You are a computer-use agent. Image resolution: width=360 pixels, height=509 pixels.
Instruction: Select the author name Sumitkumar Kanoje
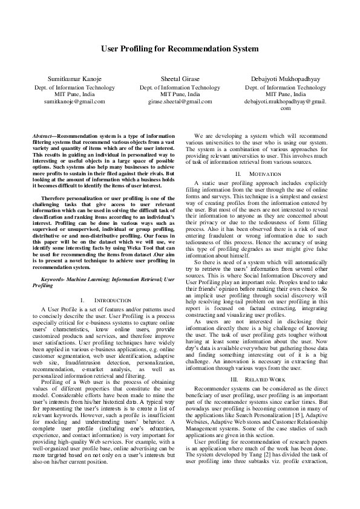click(74, 79)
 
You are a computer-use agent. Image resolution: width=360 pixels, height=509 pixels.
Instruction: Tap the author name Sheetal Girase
click(180, 79)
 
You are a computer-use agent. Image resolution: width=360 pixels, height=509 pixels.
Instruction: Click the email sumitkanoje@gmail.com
click(74, 102)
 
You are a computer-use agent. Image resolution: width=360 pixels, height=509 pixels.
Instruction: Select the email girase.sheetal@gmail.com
click(180, 102)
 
